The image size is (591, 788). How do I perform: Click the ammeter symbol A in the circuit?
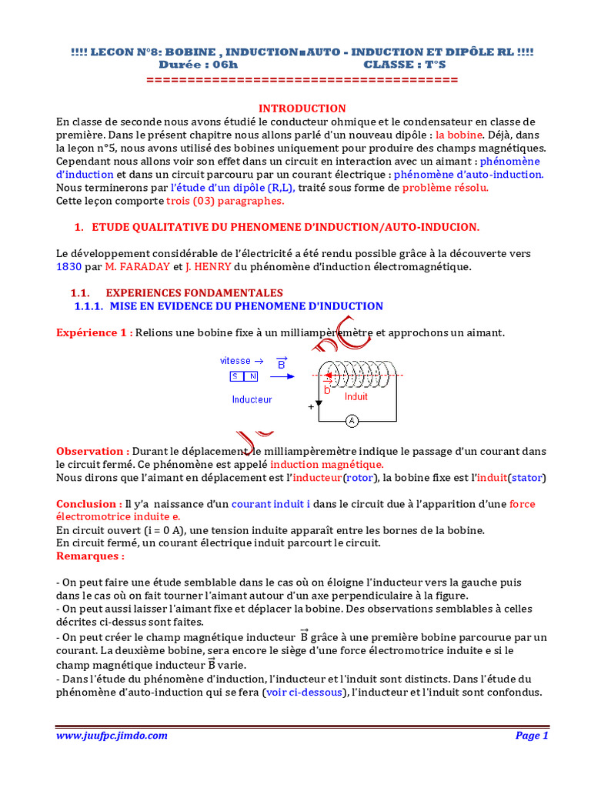pos(351,421)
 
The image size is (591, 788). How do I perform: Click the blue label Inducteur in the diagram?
pos(252,399)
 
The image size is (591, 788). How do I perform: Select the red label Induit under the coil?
pos(356,397)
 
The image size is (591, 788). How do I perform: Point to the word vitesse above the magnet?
pos(235,360)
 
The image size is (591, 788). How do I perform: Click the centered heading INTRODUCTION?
pos(302,109)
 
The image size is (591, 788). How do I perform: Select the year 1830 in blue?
pos(68,267)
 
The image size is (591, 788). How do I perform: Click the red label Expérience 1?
pos(94,332)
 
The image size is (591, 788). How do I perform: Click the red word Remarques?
pos(90,556)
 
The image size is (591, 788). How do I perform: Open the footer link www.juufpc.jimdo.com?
pos(112,736)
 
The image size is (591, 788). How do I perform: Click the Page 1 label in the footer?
pos(531,736)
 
